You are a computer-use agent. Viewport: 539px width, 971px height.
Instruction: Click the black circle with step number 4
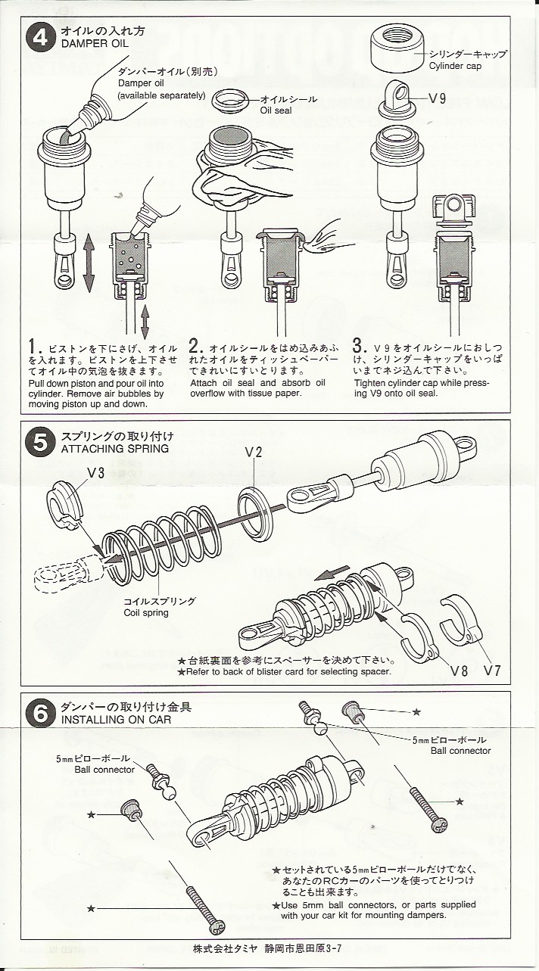coord(40,38)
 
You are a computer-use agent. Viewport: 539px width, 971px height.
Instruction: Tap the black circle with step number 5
coord(40,444)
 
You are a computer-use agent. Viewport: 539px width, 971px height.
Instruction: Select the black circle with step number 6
coord(40,714)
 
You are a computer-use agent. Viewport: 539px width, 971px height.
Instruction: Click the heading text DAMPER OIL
coord(95,43)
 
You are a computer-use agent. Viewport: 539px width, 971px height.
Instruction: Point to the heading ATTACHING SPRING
coord(115,449)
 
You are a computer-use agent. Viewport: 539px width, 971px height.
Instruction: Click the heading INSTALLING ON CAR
coord(117,720)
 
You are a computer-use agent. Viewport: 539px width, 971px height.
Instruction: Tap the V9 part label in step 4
coord(437,99)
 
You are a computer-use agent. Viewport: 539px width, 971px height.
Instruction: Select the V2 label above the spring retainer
coord(254,453)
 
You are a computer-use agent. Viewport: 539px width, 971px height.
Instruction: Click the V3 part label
coord(95,473)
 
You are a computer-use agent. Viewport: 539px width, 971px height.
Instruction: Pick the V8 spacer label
coord(460,671)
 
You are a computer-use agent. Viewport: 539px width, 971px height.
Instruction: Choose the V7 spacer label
coord(492,671)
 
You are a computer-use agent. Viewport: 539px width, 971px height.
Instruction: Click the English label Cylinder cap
coord(455,67)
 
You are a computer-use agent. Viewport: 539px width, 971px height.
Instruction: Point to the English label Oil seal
coord(276,110)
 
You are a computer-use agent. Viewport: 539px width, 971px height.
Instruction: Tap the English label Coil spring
coord(145,613)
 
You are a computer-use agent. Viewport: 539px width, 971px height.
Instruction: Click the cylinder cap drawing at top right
coord(397,51)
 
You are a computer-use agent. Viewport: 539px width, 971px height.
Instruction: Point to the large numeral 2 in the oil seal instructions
coord(193,347)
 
